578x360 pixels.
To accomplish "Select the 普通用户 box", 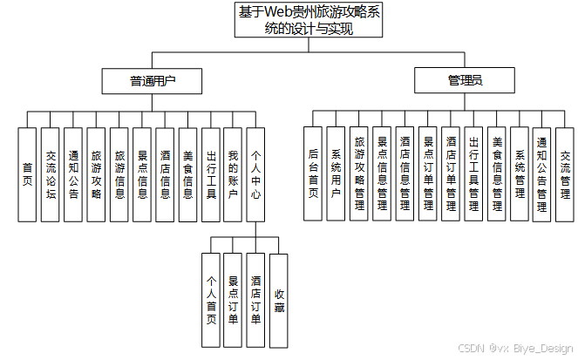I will pos(153,81).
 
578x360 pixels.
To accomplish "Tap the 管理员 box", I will pos(465,81).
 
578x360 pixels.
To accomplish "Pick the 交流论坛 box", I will pos(51,174).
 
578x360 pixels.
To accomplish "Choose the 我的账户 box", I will pos(233,174).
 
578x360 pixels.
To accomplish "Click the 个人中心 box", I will pos(255,174).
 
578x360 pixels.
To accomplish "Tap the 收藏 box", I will pos(279,301).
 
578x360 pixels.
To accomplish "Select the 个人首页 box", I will pos(210,301).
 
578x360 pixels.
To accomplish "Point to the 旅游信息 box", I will pos(119,174).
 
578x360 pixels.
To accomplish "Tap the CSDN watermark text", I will pos(515,348).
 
